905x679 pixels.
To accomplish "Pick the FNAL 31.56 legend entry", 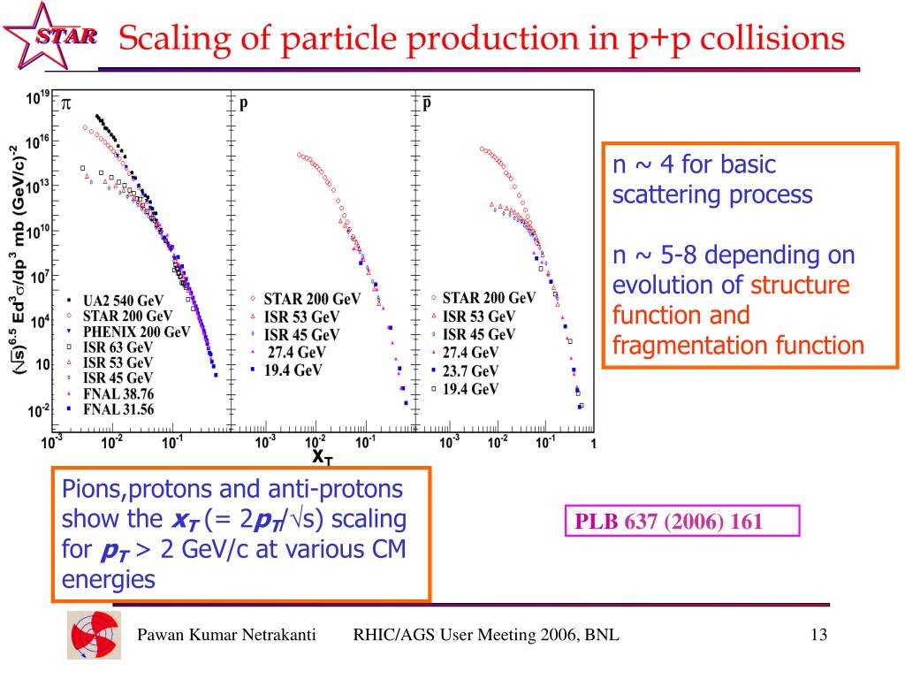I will (x=118, y=408).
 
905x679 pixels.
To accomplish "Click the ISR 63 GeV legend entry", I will (x=117, y=347).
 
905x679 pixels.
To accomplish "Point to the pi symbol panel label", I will (x=65, y=103).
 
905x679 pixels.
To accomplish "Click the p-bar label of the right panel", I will (x=426, y=103).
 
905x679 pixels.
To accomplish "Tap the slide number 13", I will (x=818, y=637).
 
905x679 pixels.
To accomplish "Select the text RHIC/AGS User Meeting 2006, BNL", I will (x=486, y=637).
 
